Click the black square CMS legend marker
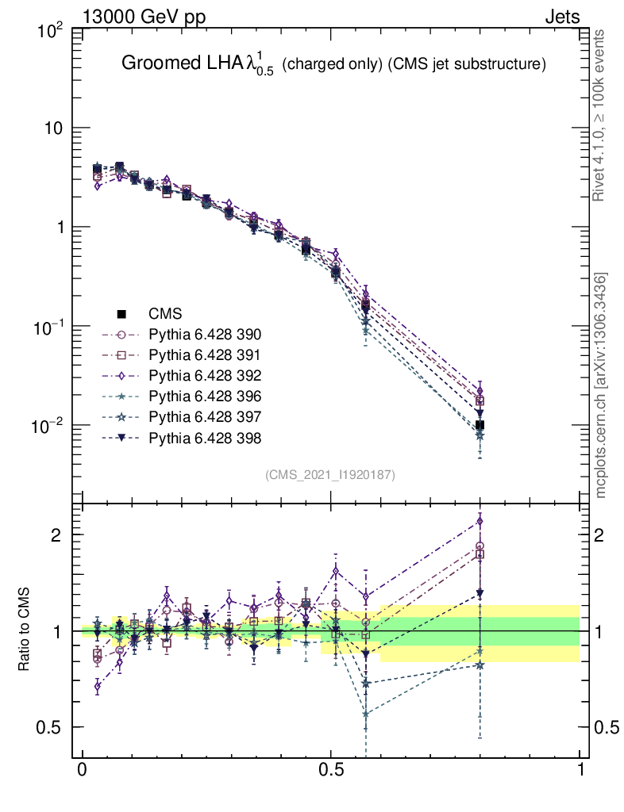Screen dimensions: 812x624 click(x=122, y=314)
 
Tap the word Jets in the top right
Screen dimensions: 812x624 click(x=561, y=17)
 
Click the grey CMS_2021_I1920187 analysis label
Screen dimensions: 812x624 click(x=330, y=474)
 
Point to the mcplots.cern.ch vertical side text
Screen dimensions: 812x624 click(x=601, y=385)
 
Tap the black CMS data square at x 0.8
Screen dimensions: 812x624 click(x=480, y=426)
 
